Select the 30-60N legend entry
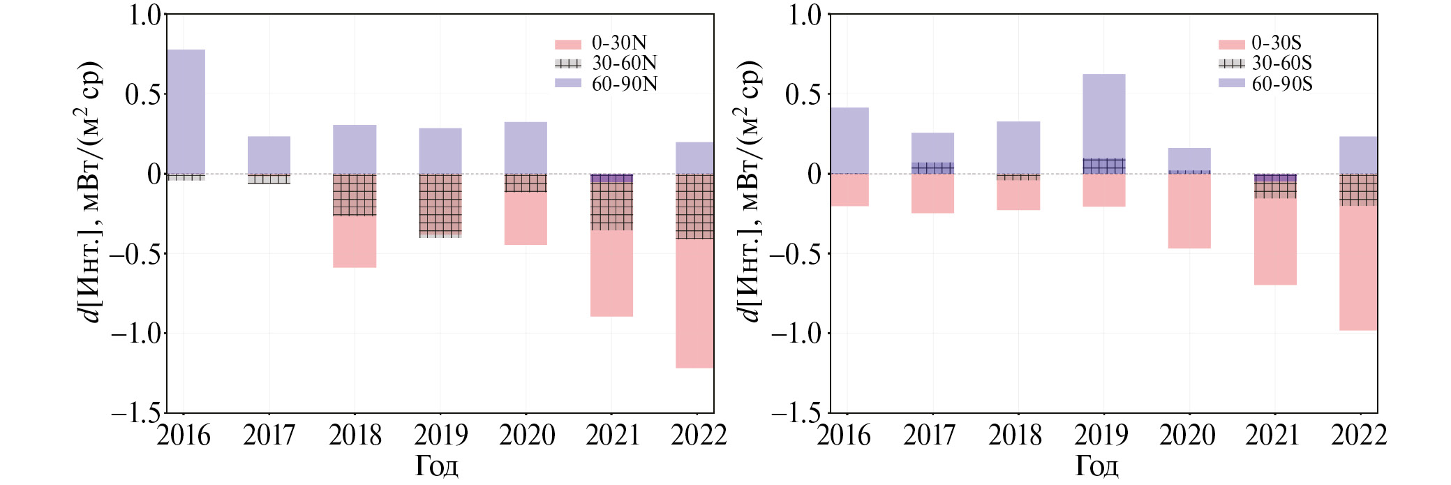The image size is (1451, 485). pos(606,64)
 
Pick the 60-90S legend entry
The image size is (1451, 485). pos(1265,84)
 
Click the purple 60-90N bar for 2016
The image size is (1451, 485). pos(186,112)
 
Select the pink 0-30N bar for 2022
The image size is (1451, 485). pos(694,303)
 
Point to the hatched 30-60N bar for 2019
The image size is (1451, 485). pos(440,206)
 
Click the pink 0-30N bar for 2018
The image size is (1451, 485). pos(355,241)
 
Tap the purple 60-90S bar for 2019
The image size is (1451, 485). pos(1104,116)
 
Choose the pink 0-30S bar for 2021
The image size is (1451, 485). pos(1275,241)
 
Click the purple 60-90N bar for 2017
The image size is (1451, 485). pos(269,155)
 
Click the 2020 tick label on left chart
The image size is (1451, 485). pos(527,435)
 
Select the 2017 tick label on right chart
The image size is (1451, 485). pos(929,435)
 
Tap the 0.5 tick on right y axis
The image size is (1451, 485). pos(803,94)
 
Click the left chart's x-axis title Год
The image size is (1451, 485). pos(437,466)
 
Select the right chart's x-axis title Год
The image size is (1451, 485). pos(1097,466)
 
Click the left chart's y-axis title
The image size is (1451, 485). pos(91,192)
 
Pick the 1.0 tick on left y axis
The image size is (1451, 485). pos(144,15)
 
